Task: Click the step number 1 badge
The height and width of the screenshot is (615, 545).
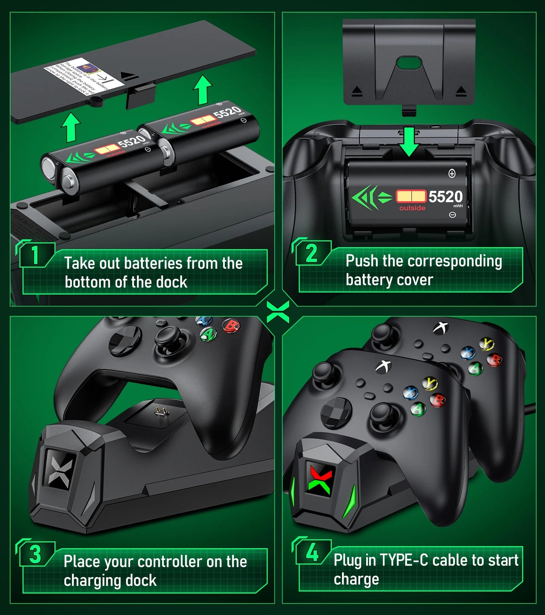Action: point(35,255)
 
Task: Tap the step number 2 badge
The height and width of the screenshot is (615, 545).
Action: point(311,253)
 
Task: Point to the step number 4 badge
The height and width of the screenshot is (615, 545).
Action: point(312,552)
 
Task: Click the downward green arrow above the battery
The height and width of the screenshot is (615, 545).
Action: point(409,141)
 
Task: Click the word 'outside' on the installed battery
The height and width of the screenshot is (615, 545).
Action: point(412,208)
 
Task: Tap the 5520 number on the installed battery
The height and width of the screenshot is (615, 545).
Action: point(445,197)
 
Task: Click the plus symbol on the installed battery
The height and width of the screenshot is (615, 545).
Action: point(452,174)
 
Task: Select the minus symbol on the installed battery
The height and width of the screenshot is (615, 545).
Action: point(452,215)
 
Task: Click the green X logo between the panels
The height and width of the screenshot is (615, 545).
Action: point(278,312)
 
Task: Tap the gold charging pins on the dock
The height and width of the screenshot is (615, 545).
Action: point(162,411)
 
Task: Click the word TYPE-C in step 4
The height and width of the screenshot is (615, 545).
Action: point(404,560)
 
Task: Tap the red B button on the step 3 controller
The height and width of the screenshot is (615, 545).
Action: point(231,326)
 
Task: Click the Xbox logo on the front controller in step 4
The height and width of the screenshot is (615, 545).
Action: point(384,366)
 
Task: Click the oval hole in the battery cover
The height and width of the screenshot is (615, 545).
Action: point(409,63)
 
